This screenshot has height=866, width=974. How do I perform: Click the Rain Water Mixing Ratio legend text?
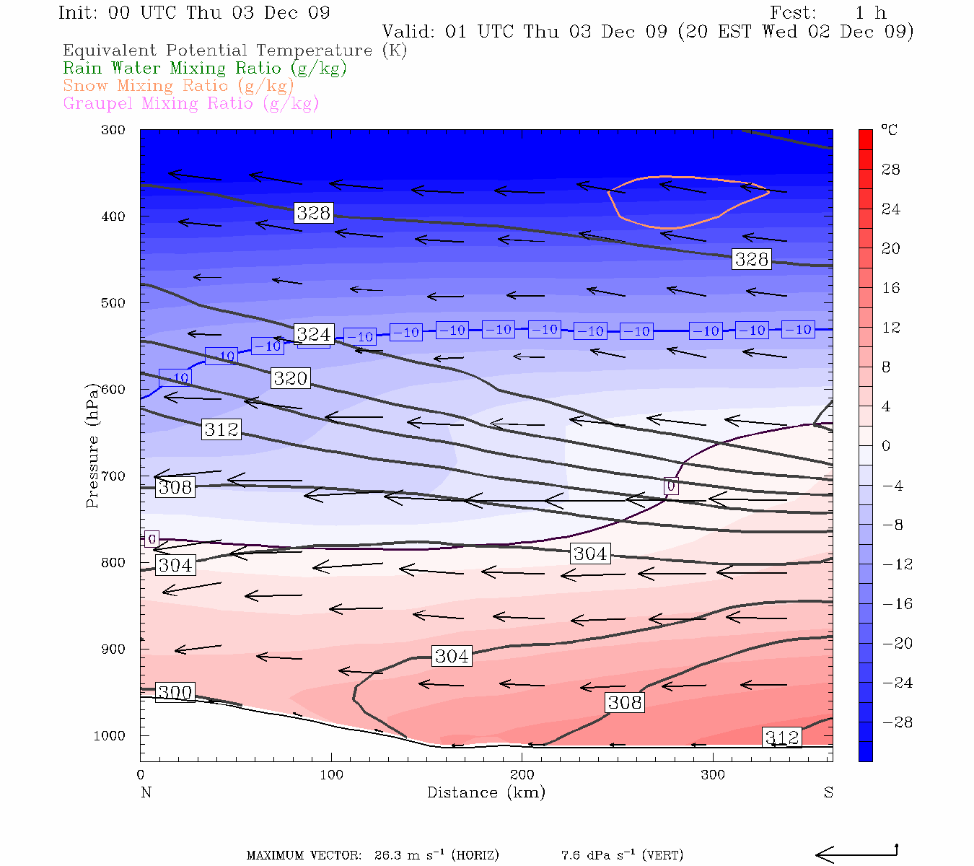[205, 69]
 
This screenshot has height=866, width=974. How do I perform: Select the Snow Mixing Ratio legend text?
[178, 86]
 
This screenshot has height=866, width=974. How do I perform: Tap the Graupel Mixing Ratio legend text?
[190, 104]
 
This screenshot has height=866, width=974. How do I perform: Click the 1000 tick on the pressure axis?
[110, 736]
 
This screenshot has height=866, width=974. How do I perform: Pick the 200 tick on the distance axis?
[522, 775]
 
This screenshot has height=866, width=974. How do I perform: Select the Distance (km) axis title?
[486, 792]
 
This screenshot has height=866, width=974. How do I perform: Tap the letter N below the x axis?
[146, 792]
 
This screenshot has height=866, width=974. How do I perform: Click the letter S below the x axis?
[828, 792]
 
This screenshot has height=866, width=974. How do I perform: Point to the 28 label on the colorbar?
[891, 170]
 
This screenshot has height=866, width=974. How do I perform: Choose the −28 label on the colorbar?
[897, 722]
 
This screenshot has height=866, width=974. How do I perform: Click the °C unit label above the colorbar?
[889, 131]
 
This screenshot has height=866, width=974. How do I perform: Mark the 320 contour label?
[291, 378]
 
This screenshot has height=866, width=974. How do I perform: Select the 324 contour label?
[314, 334]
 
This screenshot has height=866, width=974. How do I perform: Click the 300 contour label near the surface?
[175, 693]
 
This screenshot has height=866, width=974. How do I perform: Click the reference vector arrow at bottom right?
[856, 854]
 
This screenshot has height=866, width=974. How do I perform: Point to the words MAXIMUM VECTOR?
[304, 856]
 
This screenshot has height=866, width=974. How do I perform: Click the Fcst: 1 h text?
[828, 13]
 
